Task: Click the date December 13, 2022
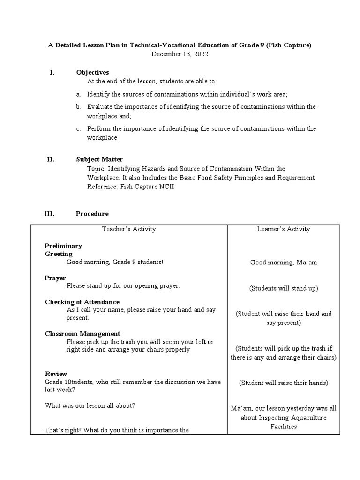click(x=180, y=54)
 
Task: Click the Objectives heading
click(x=92, y=72)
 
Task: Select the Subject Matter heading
click(x=99, y=159)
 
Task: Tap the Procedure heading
click(x=92, y=214)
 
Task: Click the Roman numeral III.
click(x=49, y=214)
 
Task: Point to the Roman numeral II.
click(x=51, y=159)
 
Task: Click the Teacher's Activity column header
click(x=129, y=229)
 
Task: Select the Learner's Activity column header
click(x=283, y=229)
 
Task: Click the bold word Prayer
click(x=55, y=278)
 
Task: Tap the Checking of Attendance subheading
click(x=82, y=302)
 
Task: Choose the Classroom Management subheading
click(x=82, y=334)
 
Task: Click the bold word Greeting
click(x=59, y=254)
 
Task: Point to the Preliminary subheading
click(x=63, y=246)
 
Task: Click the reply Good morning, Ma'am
click(x=283, y=262)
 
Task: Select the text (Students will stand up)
click(x=283, y=288)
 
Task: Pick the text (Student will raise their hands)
click(x=283, y=383)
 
